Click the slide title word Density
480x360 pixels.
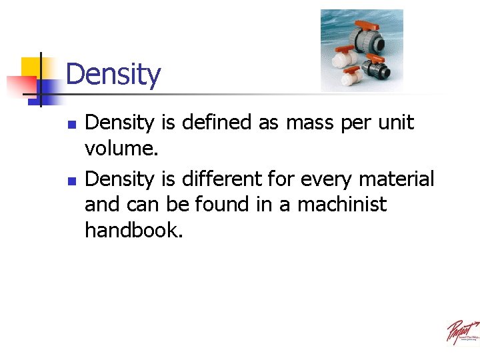pos(113,74)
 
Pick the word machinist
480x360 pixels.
pos(341,204)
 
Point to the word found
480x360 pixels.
pos(218,204)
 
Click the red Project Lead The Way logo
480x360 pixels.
pos(461,331)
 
